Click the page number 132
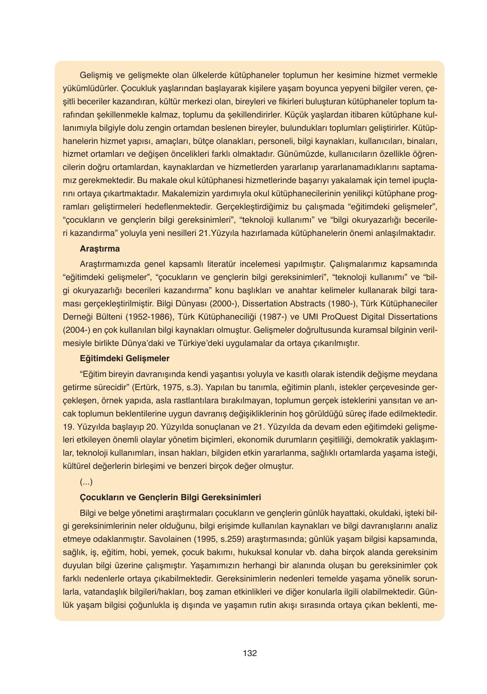250,653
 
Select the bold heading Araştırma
100,249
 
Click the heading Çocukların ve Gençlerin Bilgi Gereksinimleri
170,497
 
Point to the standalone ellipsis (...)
86,482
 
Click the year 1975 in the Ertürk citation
171,387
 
